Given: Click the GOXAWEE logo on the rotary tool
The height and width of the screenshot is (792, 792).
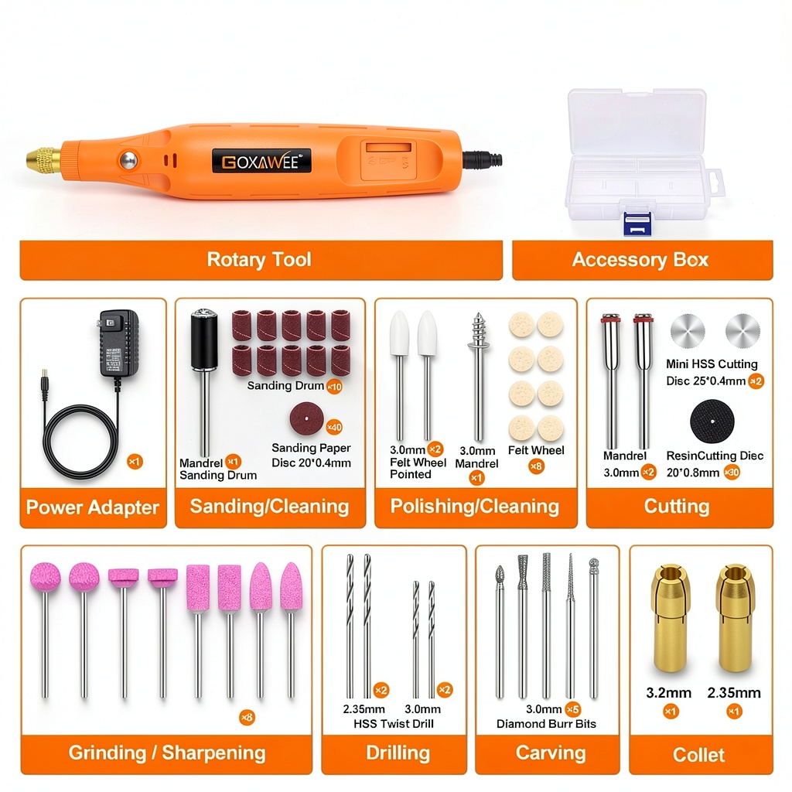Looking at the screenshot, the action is (261, 162).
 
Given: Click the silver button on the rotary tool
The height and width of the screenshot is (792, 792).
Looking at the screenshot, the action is (128, 161).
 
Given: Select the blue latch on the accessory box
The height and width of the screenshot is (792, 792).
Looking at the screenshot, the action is (637, 224).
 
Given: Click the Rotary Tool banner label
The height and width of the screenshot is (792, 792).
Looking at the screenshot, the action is (259, 260).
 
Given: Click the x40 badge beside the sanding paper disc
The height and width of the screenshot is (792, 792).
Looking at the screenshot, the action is (334, 427).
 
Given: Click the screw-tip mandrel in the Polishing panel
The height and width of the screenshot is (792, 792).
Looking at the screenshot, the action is (478, 377).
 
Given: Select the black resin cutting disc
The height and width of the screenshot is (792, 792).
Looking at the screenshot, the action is (712, 422).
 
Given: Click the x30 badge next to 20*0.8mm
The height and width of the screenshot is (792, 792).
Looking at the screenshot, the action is (732, 473).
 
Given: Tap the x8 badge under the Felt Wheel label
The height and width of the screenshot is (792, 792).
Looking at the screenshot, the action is (537, 466).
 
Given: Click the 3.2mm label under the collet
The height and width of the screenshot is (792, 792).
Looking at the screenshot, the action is (669, 693).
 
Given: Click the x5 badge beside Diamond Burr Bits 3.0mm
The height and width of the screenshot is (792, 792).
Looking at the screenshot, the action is (572, 709).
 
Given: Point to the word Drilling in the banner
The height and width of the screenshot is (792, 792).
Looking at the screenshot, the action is (398, 753).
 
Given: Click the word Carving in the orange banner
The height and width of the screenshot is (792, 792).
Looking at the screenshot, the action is (551, 753).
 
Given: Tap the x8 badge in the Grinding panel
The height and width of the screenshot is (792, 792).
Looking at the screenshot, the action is (247, 717).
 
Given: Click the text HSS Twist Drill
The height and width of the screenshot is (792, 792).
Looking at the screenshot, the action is (394, 724).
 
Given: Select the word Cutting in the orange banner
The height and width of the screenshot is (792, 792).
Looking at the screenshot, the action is (677, 507).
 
